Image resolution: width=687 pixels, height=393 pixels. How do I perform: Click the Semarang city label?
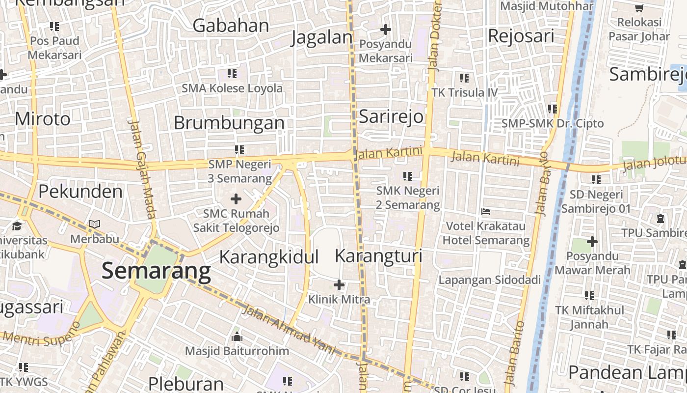[x=156, y=271]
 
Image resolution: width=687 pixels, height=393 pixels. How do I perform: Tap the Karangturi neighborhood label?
[x=378, y=256]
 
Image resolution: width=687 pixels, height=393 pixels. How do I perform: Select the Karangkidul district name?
[x=268, y=257]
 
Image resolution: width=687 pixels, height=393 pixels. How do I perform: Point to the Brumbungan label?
[x=229, y=123]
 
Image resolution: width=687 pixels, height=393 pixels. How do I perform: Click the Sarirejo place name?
[x=391, y=116]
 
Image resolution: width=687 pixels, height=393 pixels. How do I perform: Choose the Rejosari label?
[x=521, y=36]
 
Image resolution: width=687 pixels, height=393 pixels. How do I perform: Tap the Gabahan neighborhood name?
[x=231, y=26]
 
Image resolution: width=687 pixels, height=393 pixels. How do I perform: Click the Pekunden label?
[x=80, y=191]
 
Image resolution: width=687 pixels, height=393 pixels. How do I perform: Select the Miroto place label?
[x=42, y=119]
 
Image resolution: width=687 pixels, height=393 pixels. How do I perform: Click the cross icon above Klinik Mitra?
[x=339, y=284]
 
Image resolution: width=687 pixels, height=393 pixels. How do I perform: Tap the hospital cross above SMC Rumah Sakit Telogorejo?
[x=236, y=199]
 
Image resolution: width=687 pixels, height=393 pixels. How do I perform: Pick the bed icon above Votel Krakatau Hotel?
[x=486, y=212]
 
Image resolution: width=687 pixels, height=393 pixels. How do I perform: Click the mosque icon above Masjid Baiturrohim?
[x=237, y=337]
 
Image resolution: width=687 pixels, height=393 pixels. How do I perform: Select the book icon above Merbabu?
[x=94, y=224]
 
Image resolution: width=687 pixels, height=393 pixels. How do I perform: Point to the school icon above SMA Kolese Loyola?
[x=232, y=74]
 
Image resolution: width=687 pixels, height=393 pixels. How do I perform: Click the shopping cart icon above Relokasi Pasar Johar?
[x=639, y=8]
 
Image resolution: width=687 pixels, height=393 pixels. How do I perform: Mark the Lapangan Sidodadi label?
[x=489, y=280]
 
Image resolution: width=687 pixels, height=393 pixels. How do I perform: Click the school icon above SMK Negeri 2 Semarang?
[x=407, y=176]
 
